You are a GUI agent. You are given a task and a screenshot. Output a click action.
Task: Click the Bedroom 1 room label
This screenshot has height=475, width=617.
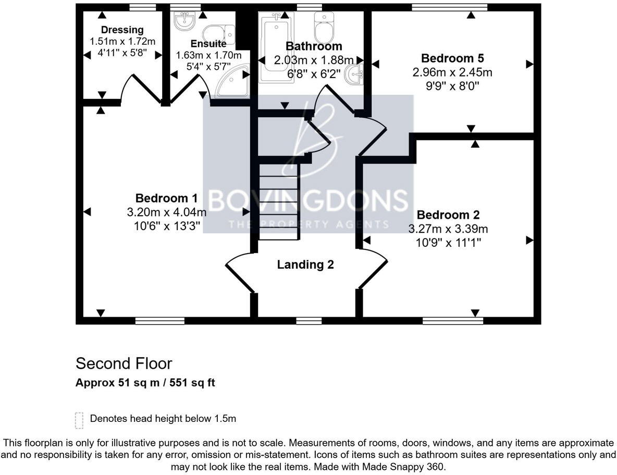pos(166,198)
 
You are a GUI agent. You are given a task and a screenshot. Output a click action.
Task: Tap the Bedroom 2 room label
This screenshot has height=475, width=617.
pos(448,215)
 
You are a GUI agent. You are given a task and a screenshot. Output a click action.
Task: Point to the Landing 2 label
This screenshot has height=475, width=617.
pos(305,265)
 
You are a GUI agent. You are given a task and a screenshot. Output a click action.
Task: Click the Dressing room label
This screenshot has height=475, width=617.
pos(122,30)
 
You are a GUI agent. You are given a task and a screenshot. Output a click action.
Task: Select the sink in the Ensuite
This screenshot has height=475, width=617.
pos(184,21)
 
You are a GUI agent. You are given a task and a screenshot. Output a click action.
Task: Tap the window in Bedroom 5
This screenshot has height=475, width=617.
pos(449,7)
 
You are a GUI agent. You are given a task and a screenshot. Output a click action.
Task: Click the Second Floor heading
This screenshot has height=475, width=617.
pos(124,363)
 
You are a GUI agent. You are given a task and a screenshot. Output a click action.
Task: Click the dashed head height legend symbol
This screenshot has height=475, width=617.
pos(79,420)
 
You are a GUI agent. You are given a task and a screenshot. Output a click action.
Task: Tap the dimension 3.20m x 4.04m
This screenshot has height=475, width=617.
pos(166,213)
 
